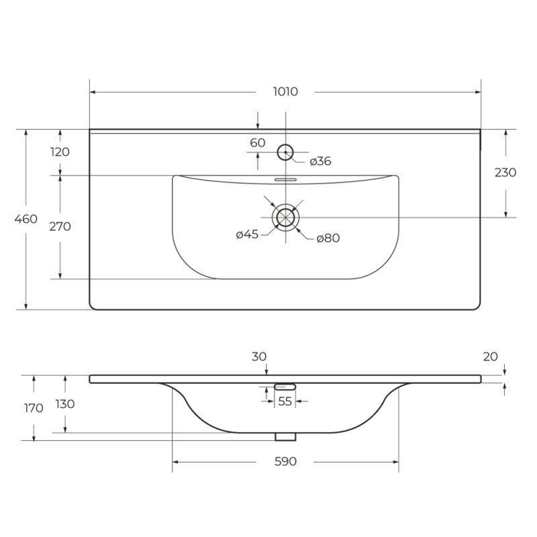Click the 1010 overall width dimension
[286, 92]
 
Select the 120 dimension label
[60, 152]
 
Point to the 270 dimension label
[60, 226]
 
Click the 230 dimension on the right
[505, 172]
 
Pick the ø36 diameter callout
[320, 160]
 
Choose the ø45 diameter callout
[247, 234]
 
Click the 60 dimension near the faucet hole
[258, 142]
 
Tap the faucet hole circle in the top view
[286, 152]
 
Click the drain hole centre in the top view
[286, 217]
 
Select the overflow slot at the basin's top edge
[286, 179]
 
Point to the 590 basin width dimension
[285, 462]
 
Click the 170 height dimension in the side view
[34, 407]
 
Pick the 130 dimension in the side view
[65, 403]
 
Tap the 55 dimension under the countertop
[285, 401]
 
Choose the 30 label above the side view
[259, 357]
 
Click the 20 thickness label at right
[490, 356]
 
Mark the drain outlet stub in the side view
[285, 436]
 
